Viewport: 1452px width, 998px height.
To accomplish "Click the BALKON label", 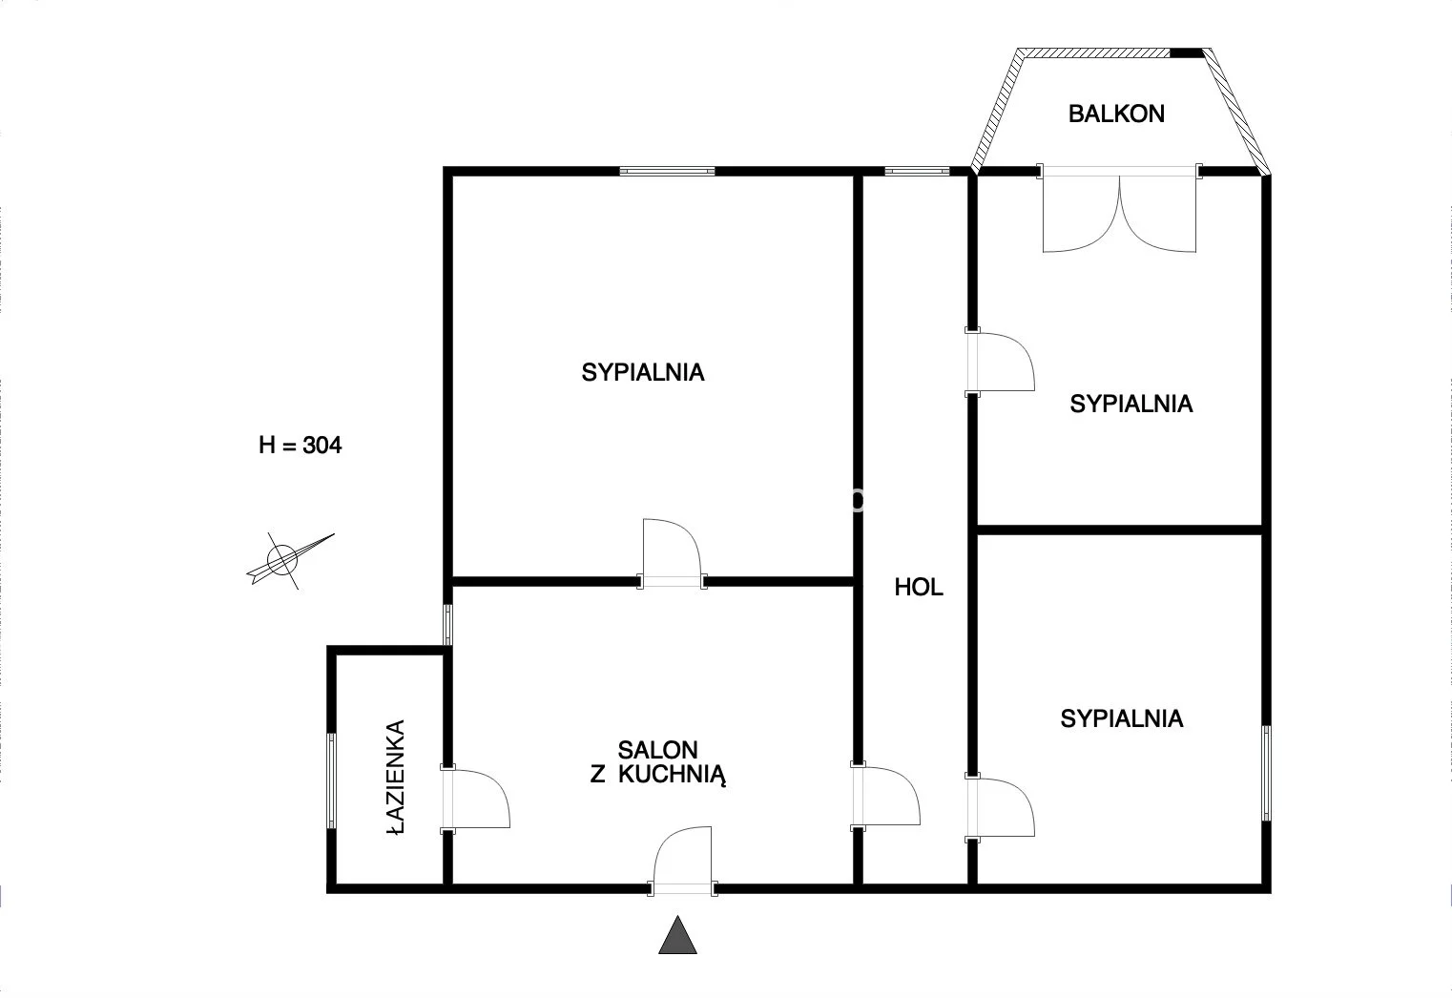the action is (1116, 114).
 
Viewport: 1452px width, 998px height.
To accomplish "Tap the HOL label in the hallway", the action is (919, 588).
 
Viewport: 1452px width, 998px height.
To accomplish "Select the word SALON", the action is (657, 750).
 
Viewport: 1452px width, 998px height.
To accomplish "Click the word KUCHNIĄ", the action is (672, 776).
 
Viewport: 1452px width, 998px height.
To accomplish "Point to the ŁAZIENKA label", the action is (395, 778).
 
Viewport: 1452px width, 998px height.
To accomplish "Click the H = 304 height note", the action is (301, 446).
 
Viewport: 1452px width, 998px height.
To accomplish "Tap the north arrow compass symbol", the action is (285, 559).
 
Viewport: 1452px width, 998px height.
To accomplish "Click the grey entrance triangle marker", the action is (677, 934).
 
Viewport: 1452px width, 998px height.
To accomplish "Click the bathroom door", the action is (475, 799).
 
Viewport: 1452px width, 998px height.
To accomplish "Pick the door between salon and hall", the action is (885, 797).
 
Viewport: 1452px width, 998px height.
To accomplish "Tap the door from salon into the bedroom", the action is (672, 553).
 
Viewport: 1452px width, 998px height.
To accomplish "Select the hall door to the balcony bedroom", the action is (1000, 362).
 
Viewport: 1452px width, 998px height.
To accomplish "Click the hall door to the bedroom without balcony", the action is (1000, 807).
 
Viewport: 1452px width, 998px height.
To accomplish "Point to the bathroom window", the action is (331, 780).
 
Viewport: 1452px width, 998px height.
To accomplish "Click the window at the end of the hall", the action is (917, 171).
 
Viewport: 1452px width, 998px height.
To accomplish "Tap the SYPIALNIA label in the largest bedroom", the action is (642, 372).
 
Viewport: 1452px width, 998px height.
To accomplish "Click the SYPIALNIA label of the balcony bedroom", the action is (1131, 404).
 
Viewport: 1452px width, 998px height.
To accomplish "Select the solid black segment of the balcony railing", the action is (1187, 53).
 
